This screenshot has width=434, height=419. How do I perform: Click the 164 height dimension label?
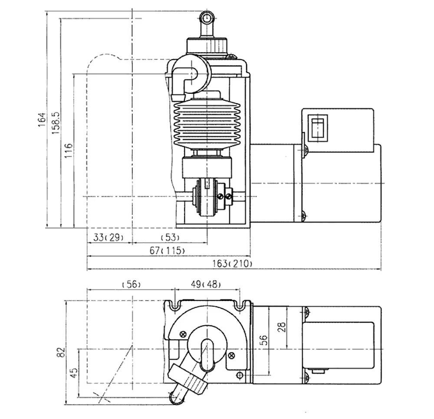(41, 120)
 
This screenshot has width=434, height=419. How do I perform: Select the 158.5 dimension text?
(56, 123)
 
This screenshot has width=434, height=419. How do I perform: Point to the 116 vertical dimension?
(69, 151)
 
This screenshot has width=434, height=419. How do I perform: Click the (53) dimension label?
(170, 238)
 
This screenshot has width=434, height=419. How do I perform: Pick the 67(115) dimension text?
(167, 251)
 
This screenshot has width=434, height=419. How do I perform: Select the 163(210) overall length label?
(232, 263)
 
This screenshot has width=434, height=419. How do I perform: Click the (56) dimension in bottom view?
(132, 284)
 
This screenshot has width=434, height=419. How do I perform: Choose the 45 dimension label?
(74, 373)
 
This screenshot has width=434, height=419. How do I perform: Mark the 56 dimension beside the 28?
(264, 340)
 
